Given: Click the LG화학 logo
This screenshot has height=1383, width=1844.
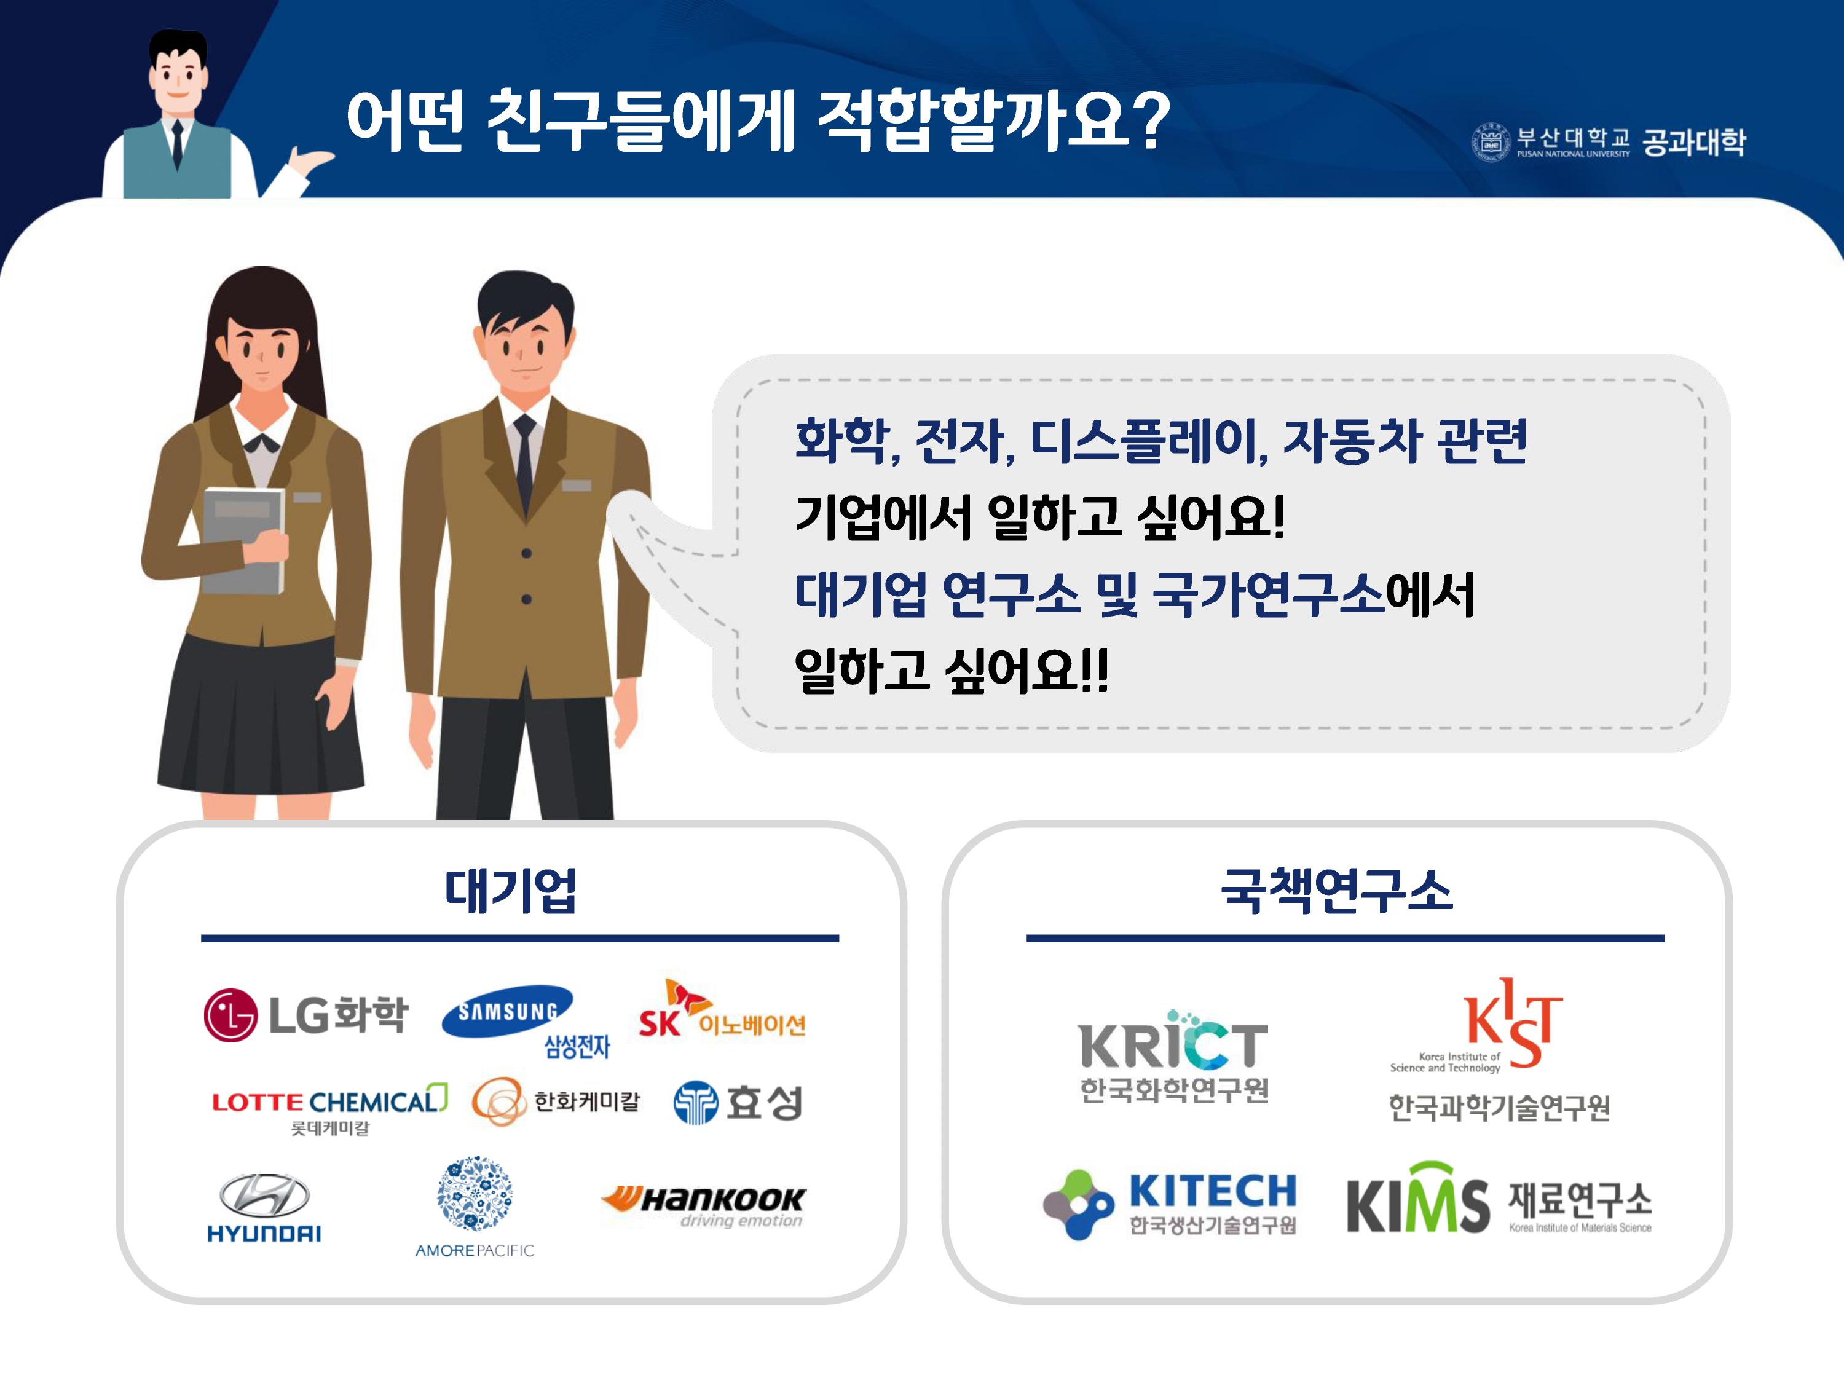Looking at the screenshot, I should click(x=306, y=1015).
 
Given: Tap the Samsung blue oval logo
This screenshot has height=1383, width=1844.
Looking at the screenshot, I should click(x=508, y=1011).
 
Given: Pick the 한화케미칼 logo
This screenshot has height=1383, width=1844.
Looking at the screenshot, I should click(x=556, y=1101).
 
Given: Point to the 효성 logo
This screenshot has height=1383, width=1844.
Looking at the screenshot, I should click(x=738, y=1102).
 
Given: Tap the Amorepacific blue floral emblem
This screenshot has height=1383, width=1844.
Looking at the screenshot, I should click(x=475, y=1193).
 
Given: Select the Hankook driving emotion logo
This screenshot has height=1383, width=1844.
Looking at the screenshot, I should click(x=704, y=1205).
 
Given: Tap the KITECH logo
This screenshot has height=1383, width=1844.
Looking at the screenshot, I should click(x=1170, y=1203).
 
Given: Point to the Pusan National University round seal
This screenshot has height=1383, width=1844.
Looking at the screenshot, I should click(x=1491, y=142).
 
